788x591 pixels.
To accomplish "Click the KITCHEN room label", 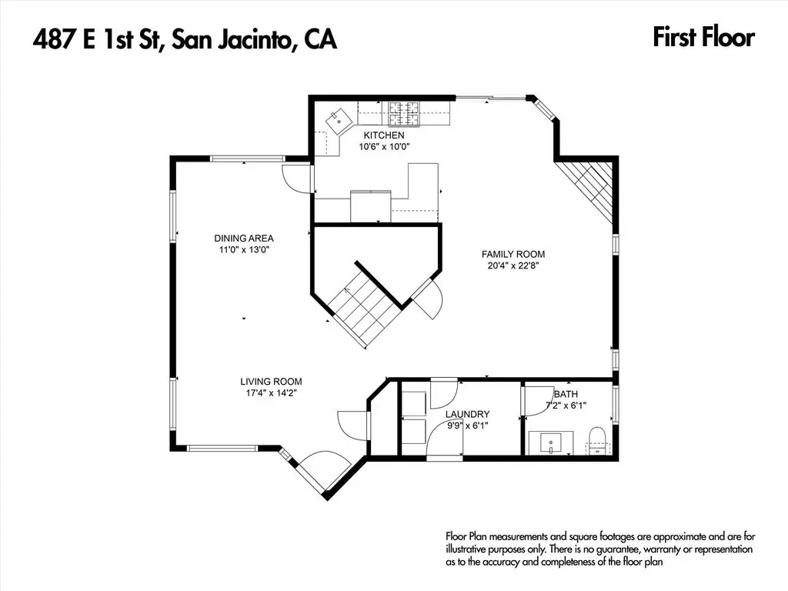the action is (x=384, y=135).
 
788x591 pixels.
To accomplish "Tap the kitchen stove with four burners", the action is (x=403, y=114).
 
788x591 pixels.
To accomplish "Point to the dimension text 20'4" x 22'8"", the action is (x=513, y=265).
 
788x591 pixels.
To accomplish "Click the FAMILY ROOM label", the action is (x=513, y=254).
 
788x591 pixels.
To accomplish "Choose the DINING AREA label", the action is (x=244, y=239).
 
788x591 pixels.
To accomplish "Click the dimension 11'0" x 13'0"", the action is (x=244, y=250).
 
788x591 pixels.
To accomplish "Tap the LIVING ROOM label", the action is (x=271, y=382).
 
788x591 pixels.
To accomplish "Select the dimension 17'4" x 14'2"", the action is (x=272, y=393).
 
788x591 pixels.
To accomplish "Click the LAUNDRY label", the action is (x=467, y=414).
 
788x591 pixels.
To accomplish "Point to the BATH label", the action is (x=566, y=394).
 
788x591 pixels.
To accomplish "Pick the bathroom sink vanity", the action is (x=551, y=442).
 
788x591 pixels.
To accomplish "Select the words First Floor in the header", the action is (x=703, y=38).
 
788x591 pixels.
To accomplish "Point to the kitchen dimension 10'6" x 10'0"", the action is (x=385, y=147).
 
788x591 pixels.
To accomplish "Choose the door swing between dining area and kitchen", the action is (x=296, y=179).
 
